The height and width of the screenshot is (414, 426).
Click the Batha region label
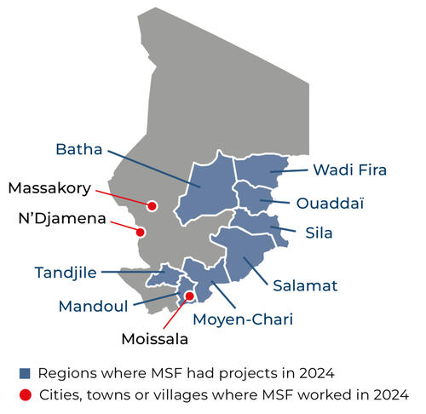click(x=78, y=150)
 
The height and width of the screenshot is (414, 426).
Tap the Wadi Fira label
click(x=349, y=170)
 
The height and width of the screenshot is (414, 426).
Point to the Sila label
click(x=319, y=232)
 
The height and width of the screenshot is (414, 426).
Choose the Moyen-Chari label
click(x=243, y=319)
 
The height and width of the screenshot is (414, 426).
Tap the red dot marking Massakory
click(x=152, y=205)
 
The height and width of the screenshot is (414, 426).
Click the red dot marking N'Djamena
click(x=142, y=231)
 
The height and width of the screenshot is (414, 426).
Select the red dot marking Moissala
click(x=189, y=296)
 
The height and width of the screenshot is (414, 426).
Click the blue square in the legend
click(x=26, y=372)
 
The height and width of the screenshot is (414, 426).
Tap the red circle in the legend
click(x=26, y=394)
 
